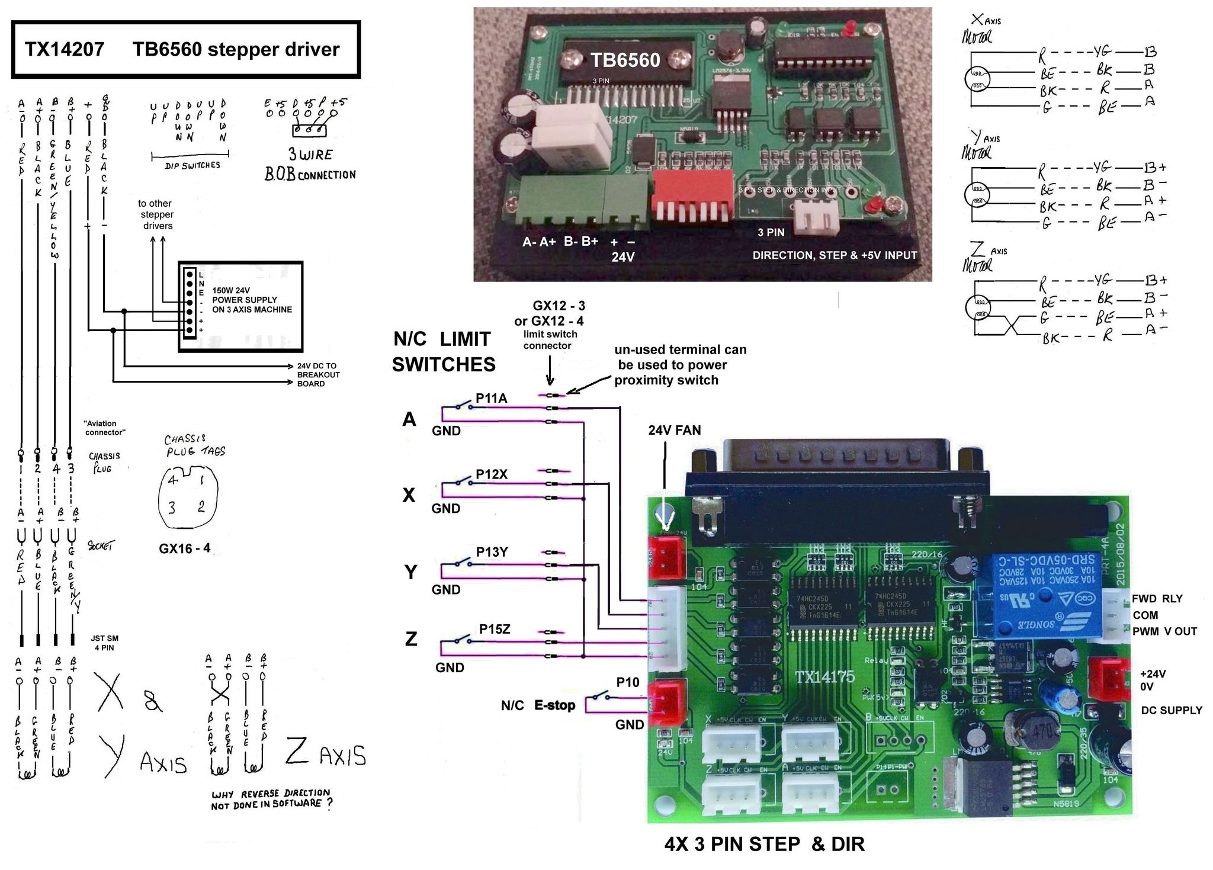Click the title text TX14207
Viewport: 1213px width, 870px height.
[x=64, y=49]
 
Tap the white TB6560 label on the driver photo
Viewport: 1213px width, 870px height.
[x=625, y=60]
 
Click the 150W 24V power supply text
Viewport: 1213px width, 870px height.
[x=252, y=300]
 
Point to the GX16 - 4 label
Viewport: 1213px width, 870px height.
[x=184, y=548]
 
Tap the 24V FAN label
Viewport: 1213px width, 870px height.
[x=674, y=431]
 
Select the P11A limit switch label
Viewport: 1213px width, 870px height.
[x=491, y=399]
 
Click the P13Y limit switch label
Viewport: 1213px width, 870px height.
[x=492, y=552]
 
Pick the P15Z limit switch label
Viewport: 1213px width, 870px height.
[x=495, y=629]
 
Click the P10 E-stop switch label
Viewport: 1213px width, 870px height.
[x=628, y=682]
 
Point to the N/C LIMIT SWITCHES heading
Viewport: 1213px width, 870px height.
[x=444, y=351]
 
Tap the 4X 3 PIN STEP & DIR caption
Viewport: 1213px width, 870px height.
[x=764, y=844]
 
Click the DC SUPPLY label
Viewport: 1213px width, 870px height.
[x=1171, y=710]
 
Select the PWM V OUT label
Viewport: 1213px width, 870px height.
[x=1164, y=631]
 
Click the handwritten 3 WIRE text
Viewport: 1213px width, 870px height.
[x=310, y=155]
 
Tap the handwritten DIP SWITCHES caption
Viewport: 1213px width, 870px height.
[x=192, y=165]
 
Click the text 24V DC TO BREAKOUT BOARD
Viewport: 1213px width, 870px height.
[x=318, y=375]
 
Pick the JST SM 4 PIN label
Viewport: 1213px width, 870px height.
[x=104, y=643]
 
